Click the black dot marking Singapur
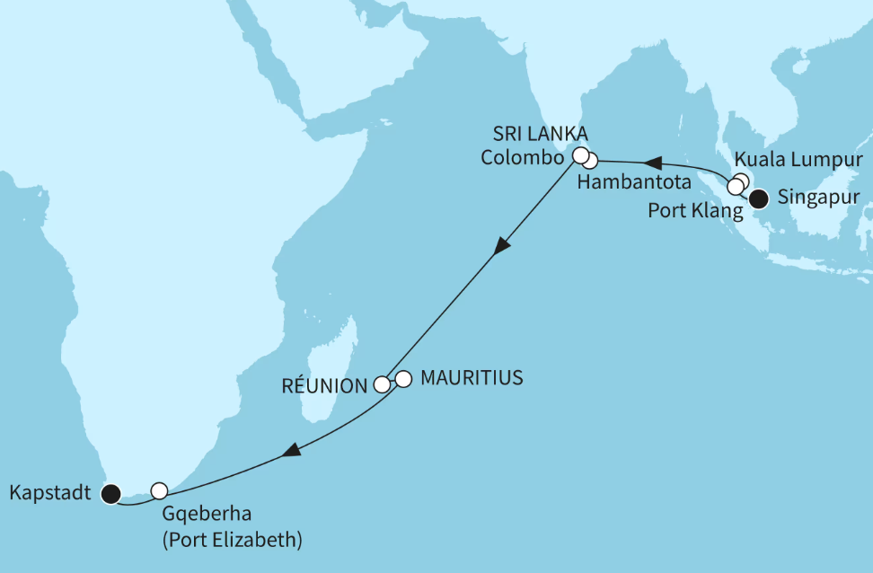(760, 198)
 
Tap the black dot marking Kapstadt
(110, 492)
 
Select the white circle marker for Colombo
(581, 154)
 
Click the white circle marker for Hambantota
(590, 163)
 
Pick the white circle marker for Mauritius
(403, 379)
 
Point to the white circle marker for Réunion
(382, 385)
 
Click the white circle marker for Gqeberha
(159, 490)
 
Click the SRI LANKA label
(539, 134)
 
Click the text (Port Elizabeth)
(232, 542)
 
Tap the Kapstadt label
(49, 493)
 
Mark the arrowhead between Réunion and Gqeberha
(290, 453)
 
